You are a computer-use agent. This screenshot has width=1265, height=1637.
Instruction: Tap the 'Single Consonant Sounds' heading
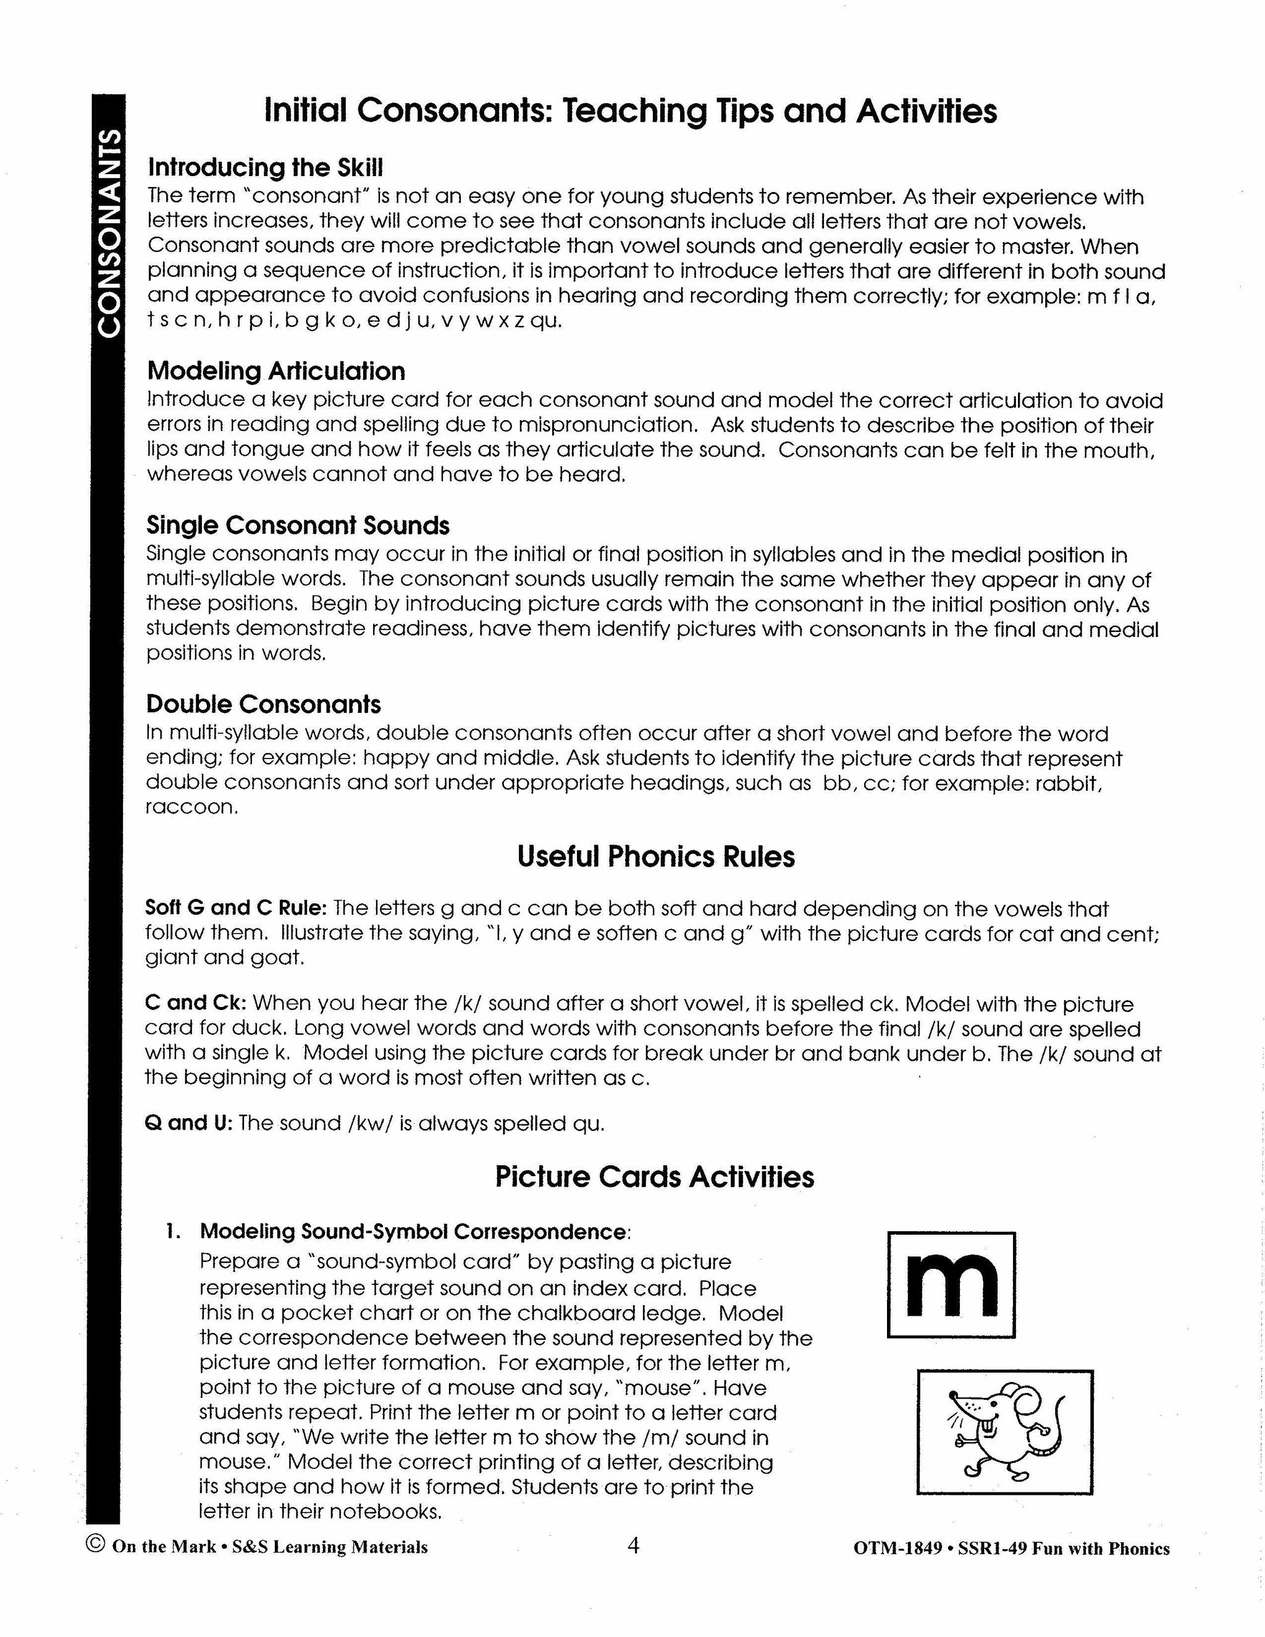(298, 526)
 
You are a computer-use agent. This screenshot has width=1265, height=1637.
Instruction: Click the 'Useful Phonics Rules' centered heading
(656, 856)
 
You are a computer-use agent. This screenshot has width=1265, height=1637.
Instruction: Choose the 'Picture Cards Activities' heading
(654, 1176)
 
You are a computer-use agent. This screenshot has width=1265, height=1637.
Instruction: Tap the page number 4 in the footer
(633, 1545)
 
